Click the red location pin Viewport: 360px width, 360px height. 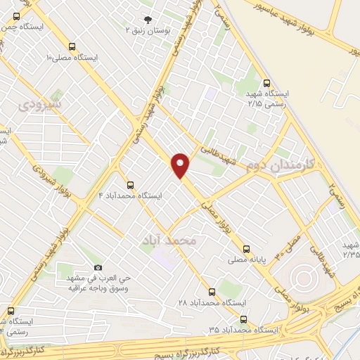tap(181, 165)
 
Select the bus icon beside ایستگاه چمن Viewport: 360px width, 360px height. tap(16, 15)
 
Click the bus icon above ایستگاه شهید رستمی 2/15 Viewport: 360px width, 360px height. tap(266, 83)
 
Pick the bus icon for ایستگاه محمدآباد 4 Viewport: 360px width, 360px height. tap(130, 185)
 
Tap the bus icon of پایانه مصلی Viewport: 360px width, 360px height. tap(246, 248)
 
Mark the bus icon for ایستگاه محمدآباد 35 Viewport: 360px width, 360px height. tap(243, 319)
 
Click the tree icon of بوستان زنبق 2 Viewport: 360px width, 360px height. tap(148, 20)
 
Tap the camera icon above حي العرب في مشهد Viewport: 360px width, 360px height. tap(98, 267)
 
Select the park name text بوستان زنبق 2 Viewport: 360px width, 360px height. tap(148, 31)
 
